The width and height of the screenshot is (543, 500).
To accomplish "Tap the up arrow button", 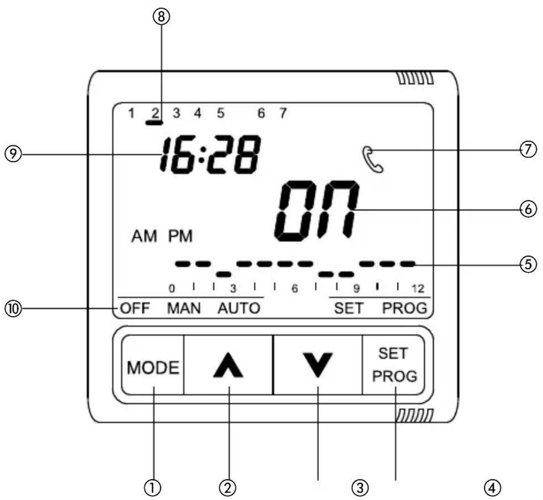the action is tap(228, 366).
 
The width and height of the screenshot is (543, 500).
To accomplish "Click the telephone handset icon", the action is tap(373, 159).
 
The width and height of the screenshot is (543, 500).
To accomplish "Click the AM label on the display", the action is tap(144, 236).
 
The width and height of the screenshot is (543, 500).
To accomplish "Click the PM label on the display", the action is tap(181, 236).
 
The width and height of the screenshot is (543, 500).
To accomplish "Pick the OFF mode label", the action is tap(135, 308).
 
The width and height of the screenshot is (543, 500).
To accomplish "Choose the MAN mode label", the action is tap(184, 308).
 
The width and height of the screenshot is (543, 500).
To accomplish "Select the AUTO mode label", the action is tap(239, 308).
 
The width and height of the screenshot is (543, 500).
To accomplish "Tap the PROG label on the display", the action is tap(405, 308).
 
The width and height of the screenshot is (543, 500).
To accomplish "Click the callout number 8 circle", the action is tap(161, 17).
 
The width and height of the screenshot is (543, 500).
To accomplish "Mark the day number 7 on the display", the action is tap(283, 113).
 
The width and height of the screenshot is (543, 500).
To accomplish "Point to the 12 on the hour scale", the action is tap(418, 289).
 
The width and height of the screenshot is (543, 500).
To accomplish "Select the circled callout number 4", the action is tap(492, 488).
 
